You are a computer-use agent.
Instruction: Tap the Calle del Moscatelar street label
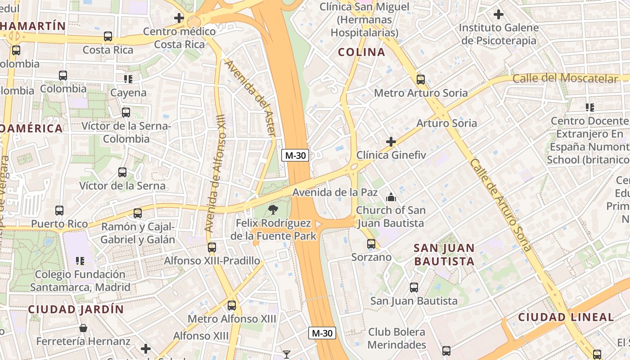(x=565, y=78)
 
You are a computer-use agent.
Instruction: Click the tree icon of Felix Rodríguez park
(x=272, y=209)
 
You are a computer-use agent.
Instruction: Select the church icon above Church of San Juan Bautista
(x=391, y=197)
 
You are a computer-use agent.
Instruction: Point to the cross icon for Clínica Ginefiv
(x=391, y=142)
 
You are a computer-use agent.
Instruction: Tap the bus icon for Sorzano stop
(x=371, y=244)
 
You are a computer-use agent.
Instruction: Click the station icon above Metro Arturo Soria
(x=421, y=80)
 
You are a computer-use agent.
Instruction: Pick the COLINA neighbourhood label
(x=361, y=52)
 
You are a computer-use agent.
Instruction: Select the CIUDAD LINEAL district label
(x=566, y=317)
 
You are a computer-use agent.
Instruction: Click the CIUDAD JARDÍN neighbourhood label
(x=76, y=310)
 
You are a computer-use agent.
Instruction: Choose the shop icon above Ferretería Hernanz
(x=83, y=328)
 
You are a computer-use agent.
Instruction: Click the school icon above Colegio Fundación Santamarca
(x=80, y=261)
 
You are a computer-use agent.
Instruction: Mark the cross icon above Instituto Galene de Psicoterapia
(x=498, y=14)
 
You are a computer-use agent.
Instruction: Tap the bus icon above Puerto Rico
(x=59, y=210)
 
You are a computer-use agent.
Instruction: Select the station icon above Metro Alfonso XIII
(x=232, y=306)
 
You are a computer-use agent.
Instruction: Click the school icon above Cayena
(x=128, y=79)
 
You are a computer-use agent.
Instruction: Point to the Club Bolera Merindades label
(x=396, y=338)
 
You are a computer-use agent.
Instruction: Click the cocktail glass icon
(x=286, y=355)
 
